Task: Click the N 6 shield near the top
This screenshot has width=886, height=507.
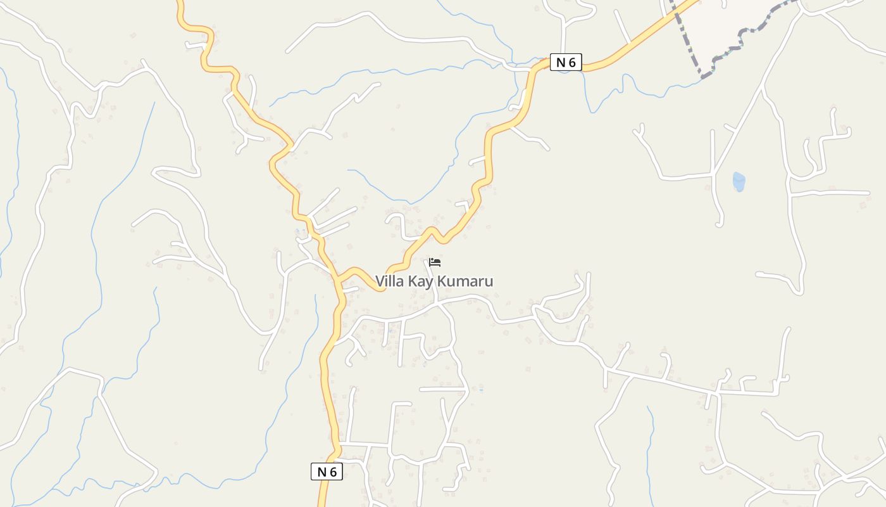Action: (565, 62)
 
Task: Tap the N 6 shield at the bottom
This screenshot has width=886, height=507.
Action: (327, 472)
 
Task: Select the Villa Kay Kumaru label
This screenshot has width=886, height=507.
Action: (434, 281)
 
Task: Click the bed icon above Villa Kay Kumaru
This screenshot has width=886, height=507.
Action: (435, 262)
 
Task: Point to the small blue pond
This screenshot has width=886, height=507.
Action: (739, 181)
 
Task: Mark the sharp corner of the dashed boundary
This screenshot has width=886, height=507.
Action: (702, 77)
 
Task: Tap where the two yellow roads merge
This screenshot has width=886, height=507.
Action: (339, 279)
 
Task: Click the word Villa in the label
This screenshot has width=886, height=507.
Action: (389, 281)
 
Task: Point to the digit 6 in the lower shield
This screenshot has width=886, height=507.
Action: (332, 472)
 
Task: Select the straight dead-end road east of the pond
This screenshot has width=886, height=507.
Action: (829, 192)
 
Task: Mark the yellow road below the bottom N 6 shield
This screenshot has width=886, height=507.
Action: (323, 494)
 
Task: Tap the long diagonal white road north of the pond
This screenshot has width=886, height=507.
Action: (740, 127)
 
